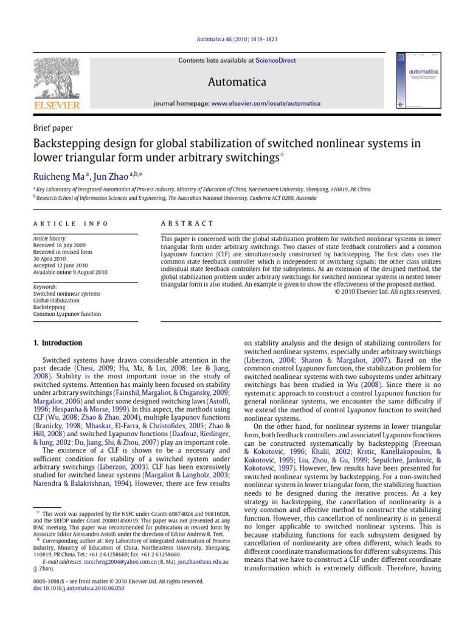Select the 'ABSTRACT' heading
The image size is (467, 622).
coord(187,224)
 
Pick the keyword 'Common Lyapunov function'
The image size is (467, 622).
coord(67,314)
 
